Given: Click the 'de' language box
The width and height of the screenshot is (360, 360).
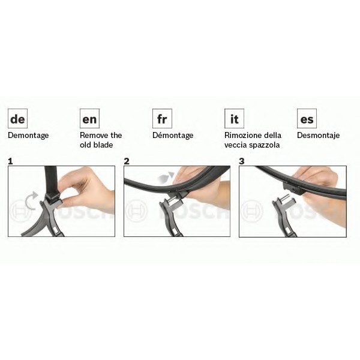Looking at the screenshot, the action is point(17,118).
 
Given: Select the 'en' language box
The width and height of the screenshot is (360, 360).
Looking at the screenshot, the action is point(89,118).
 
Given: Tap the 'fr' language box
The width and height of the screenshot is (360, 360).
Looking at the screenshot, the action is point(162,118).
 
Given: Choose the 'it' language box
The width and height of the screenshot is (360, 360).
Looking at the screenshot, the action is point(234,118).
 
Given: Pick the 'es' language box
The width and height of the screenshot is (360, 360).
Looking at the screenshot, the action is point(307,118).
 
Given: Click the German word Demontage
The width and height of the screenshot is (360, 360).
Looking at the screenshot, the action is point(28,136).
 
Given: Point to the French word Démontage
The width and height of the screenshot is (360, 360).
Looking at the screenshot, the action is point(173,136).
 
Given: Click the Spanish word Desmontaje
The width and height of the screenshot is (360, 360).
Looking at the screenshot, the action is point(318,136).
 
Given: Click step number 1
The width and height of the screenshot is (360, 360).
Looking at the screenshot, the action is point(10,161).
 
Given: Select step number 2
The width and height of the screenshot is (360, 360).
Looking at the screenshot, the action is point(127,161).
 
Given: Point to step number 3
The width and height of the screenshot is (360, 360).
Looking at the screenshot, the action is point(242,161).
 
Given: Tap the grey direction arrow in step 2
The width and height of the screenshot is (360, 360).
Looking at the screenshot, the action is point(166,177).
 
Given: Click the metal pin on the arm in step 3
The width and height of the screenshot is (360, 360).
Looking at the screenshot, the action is point(284,197).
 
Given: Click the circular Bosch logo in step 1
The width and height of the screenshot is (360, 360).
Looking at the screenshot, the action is point(20,211).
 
